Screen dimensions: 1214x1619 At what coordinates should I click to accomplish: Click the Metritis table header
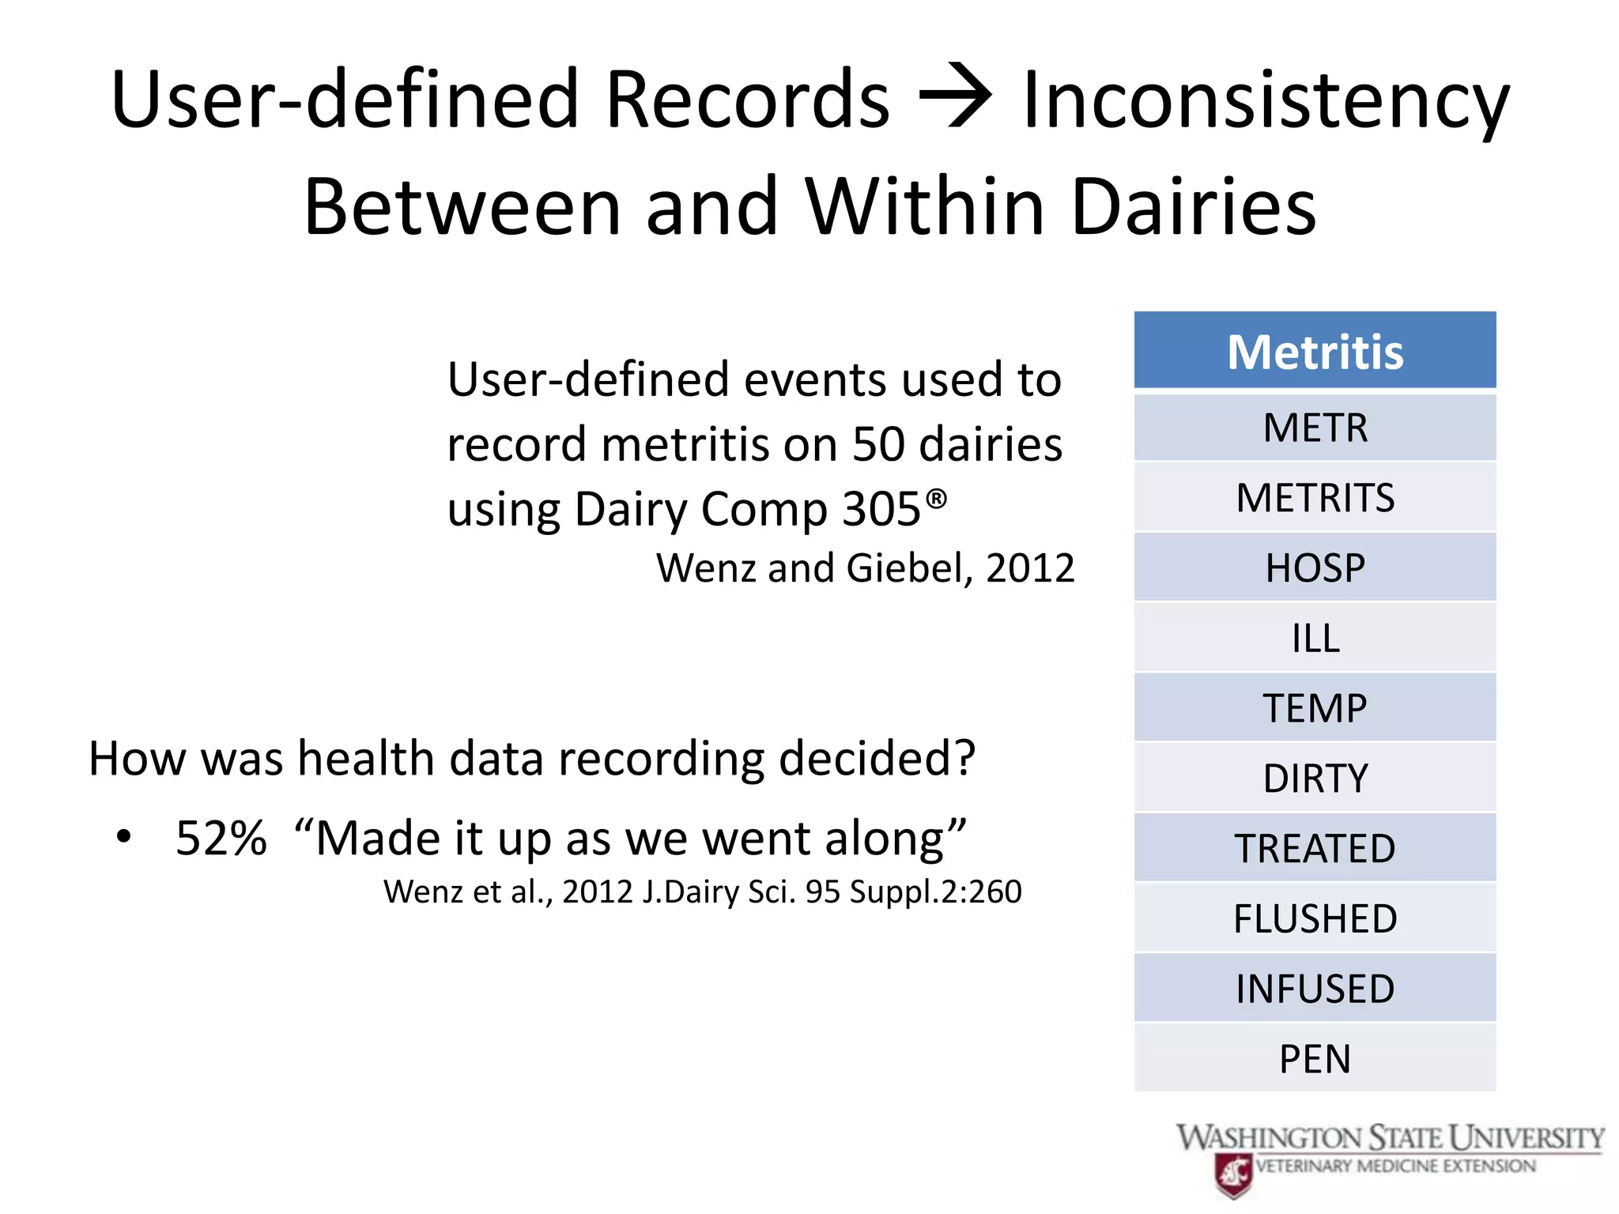click(1315, 351)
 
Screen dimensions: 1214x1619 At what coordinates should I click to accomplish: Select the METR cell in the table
click(1315, 428)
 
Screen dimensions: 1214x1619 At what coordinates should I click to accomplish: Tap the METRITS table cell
click(1315, 498)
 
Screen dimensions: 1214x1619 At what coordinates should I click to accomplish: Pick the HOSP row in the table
click(1315, 567)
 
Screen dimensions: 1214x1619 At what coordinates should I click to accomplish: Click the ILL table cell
click(1315, 638)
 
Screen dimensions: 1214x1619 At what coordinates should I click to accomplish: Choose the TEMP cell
click(1315, 707)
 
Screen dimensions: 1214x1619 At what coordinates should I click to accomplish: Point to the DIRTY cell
click(1315, 778)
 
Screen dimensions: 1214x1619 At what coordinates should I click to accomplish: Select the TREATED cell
click(1315, 848)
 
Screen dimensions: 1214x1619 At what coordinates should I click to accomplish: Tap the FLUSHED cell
click(1315, 918)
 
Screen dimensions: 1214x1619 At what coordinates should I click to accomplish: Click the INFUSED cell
click(1315, 988)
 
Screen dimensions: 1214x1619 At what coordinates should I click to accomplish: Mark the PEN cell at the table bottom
click(1315, 1058)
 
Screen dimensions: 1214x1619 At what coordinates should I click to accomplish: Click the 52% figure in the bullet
click(221, 838)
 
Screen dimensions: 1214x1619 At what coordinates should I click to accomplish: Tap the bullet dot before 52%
click(123, 836)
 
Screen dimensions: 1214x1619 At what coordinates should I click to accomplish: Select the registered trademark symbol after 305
click(936, 499)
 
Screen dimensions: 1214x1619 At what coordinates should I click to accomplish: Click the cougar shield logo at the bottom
click(1234, 1174)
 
